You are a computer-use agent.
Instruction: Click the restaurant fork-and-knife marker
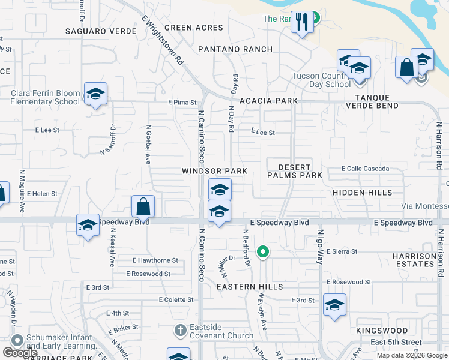pyautogui.click(x=302, y=23)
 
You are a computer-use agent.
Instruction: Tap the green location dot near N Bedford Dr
pyautogui.click(x=262, y=252)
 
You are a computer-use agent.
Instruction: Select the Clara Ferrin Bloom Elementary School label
pyautogui.click(x=45, y=97)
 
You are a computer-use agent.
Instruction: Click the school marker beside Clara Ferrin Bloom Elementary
pyautogui.click(x=95, y=94)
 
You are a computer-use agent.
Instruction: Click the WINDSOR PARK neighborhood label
pyautogui.click(x=215, y=171)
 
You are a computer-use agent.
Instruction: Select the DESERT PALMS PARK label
pyautogui.click(x=295, y=171)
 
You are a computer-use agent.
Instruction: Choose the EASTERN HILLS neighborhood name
pyautogui.click(x=250, y=287)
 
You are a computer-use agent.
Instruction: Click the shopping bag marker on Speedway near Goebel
pyautogui.click(x=143, y=206)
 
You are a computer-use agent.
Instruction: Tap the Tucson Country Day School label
pyautogui.click(x=321, y=80)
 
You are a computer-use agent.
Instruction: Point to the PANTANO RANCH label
pyautogui.click(x=235, y=49)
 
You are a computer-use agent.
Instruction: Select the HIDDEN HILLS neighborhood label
pyautogui.click(x=363, y=193)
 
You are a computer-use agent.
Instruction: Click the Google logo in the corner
pyautogui.click(x=20, y=353)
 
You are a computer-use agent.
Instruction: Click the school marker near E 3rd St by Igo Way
pyautogui.click(x=334, y=305)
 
